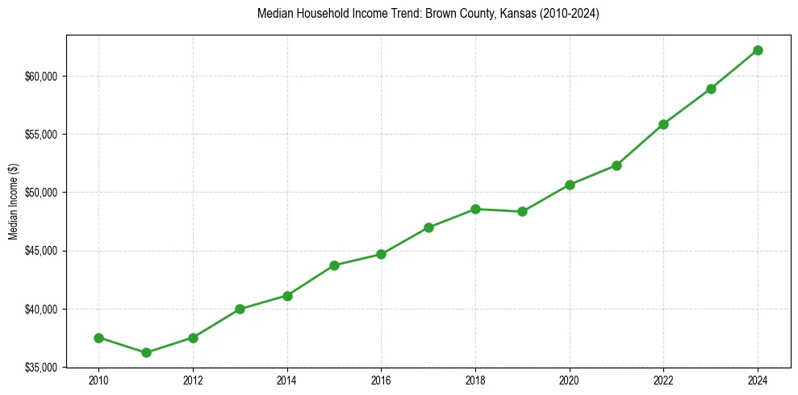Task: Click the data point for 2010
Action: pos(98,338)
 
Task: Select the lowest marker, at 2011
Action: pos(146,352)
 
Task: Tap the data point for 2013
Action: pos(240,309)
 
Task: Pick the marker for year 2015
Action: pos(334,265)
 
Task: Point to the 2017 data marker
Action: pos(428,227)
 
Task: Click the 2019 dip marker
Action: pos(522,211)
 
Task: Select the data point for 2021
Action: pos(616,165)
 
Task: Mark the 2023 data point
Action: pos(711,89)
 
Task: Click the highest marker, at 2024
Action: pos(758,50)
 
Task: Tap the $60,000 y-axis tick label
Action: pos(41,77)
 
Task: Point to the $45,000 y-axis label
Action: pos(41,251)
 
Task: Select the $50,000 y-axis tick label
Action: pos(41,193)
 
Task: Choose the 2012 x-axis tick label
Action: pos(193,380)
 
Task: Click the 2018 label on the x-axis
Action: pos(475,380)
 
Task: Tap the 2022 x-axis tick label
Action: pos(663,380)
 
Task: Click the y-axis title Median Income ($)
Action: pos(13,202)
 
